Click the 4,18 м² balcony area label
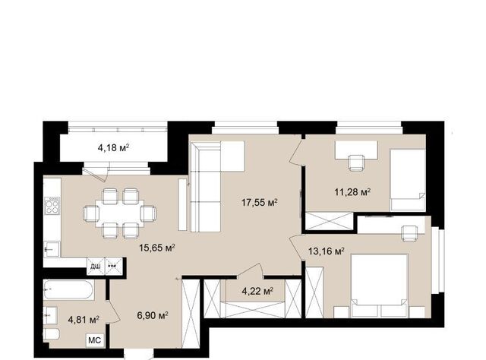(113, 148)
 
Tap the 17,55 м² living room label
(259, 203)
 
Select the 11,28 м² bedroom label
(352, 192)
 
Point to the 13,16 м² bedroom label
(327, 251)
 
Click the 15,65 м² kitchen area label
(157, 248)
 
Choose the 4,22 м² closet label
(257, 291)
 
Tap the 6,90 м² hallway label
(153, 316)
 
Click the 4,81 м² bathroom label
(84, 320)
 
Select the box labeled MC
(94, 340)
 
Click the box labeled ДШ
(96, 267)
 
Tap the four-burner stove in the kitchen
(52, 206)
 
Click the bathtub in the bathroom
(68, 290)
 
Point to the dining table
(120, 213)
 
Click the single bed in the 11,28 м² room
(407, 180)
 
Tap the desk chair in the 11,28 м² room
(356, 163)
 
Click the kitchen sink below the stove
(52, 249)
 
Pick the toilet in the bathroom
(51, 334)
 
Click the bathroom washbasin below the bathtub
(50, 315)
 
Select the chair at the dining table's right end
(148, 213)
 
